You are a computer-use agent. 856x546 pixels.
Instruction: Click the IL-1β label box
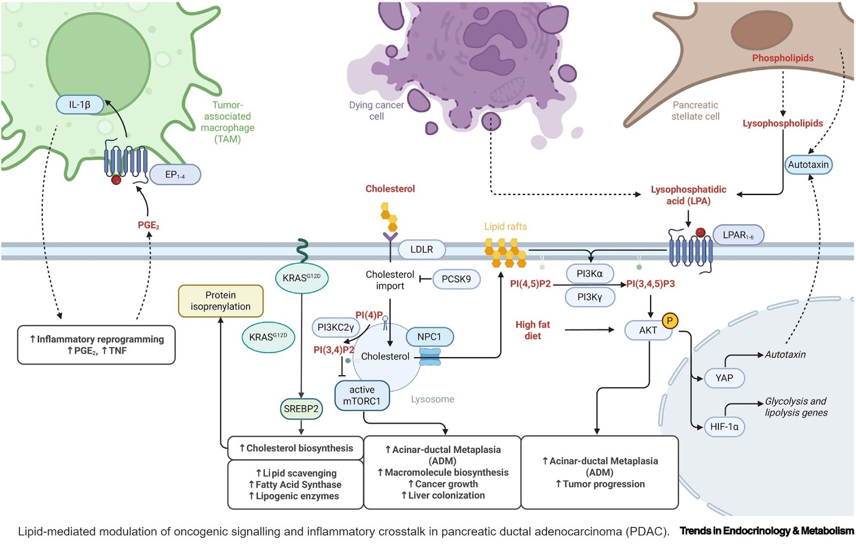pos(80,105)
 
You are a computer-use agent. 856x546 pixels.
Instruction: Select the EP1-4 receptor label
pos(175,175)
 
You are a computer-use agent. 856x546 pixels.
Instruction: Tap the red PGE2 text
pos(148,225)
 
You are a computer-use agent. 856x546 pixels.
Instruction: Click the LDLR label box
pos(422,249)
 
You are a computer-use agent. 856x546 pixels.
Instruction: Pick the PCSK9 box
pos(456,279)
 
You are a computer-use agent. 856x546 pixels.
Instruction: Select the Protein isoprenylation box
pos(220,301)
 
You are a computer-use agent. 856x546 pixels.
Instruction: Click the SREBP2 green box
pos(301,409)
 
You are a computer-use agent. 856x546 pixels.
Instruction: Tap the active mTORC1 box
pos(362,396)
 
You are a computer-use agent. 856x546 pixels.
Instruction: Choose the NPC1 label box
pos(429,337)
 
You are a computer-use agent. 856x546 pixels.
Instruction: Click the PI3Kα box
pos(590,274)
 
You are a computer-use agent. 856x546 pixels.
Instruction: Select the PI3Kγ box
pos(590,297)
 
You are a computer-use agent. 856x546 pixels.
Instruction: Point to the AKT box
pos(648,330)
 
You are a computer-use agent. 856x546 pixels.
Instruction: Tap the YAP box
pos(724,378)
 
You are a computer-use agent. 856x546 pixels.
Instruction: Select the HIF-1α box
pos(724,427)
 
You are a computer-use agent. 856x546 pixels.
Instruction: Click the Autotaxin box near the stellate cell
pos(808,165)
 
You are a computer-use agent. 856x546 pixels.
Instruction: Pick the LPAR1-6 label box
pos(738,235)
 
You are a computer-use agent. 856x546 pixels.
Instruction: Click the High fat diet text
pos(532,330)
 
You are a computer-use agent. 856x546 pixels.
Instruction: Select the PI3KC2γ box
pos(335,327)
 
